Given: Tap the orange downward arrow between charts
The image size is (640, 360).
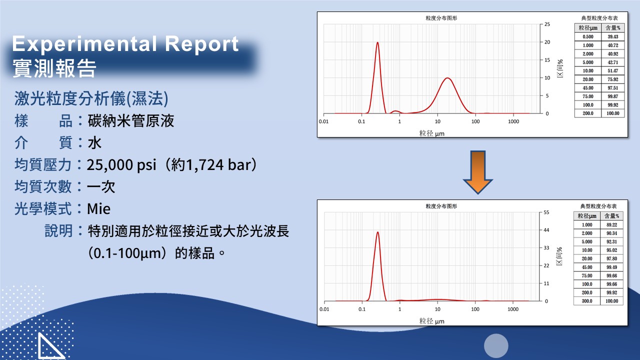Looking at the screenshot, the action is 477,172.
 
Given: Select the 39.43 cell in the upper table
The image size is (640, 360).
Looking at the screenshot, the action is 613,36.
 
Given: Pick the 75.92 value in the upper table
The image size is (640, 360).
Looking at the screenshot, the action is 613,79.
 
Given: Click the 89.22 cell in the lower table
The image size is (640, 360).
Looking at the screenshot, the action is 611,224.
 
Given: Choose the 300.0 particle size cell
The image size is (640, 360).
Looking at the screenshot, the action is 587,301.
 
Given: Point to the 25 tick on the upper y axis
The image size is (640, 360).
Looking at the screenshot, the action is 547,24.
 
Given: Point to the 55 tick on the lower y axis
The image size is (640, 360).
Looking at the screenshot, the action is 546,212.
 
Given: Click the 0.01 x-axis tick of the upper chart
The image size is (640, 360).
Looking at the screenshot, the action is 323,121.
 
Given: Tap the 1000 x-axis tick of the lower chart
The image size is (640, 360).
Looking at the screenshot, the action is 513,309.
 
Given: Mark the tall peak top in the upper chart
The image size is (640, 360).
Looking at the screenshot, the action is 377,42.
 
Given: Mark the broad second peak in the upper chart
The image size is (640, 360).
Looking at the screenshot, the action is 447,78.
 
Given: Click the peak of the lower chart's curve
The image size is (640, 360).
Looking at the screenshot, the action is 377,232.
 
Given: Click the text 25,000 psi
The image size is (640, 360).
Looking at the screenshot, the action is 121,165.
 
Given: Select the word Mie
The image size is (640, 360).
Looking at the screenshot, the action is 98,208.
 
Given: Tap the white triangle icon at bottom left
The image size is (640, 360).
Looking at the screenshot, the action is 51,345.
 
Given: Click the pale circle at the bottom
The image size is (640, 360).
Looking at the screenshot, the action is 496,345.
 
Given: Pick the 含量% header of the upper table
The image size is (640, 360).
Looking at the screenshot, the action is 613,27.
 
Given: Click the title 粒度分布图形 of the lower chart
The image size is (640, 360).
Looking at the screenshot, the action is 441,206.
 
